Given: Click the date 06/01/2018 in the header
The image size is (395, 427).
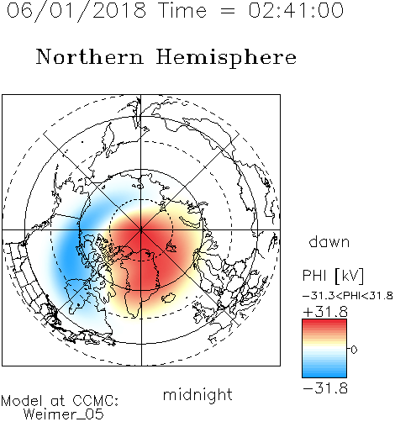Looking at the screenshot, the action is (x=76, y=11).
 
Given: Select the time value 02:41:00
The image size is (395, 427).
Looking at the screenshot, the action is (x=296, y=10).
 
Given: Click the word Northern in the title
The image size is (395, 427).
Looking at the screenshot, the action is (x=90, y=56).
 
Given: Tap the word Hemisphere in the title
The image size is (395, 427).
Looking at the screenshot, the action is (x=226, y=58).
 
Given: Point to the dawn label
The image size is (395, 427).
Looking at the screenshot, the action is (x=329, y=241).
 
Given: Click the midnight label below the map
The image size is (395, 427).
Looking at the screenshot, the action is (x=197, y=396).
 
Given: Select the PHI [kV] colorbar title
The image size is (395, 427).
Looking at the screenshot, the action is (x=333, y=276).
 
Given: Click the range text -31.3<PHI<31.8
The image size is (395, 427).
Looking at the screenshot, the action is (x=348, y=296).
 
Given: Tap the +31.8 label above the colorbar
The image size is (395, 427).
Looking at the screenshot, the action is (x=325, y=312).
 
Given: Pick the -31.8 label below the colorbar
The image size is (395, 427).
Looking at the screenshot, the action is (x=325, y=388).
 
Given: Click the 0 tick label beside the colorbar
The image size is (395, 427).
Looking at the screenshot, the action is (x=354, y=350).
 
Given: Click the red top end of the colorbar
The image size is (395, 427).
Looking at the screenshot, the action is (x=324, y=322).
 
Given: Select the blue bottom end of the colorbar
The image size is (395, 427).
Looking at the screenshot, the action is (x=324, y=375).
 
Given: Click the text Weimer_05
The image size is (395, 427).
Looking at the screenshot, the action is (x=64, y=414).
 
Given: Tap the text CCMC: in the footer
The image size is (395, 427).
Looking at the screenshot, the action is (x=95, y=401).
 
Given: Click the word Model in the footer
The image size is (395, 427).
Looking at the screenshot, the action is (x=22, y=401).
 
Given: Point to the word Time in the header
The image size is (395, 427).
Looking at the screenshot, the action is (x=182, y=10).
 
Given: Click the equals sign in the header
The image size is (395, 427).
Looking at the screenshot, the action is (x=227, y=11).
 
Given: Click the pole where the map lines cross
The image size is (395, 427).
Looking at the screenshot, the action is (x=141, y=229).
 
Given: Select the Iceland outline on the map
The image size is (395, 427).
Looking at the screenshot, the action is (x=169, y=298).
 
